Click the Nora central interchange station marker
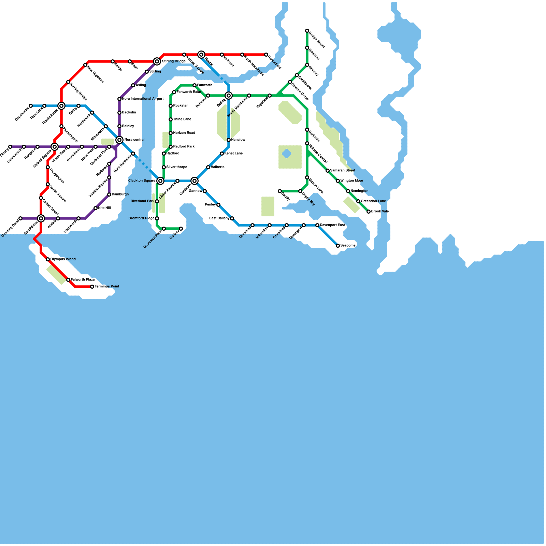119,140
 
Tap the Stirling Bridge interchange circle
157,61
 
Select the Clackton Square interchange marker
160,181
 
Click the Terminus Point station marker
92,287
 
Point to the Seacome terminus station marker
338,246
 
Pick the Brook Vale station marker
369,212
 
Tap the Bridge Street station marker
307,31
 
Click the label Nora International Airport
143,99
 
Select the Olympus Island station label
63,259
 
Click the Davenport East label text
332,225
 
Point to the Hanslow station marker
229,140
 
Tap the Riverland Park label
142,201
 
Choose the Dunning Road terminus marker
20,218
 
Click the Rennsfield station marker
266,55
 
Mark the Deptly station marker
280,191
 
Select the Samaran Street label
343,171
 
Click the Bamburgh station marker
109,195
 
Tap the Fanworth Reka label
188,92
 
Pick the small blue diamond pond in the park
287,154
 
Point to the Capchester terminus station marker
31,106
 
